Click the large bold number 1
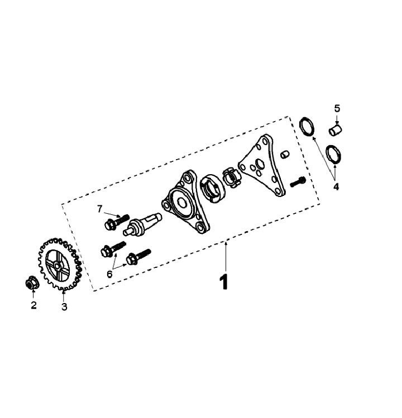click(224, 281)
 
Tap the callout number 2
click(33, 305)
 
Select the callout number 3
click(64, 306)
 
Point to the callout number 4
click(336, 186)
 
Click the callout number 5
click(337, 108)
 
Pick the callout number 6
click(109, 274)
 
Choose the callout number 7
click(99, 209)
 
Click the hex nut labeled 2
click(32, 284)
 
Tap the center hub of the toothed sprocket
click(57, 266)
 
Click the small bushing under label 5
click(336, 129)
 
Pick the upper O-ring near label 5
click(307, 126)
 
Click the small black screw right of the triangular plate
click(297, 182)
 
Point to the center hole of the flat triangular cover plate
click(259, 163)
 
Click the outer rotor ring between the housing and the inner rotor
click(212, 189)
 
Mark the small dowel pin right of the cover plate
click(285, 154)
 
